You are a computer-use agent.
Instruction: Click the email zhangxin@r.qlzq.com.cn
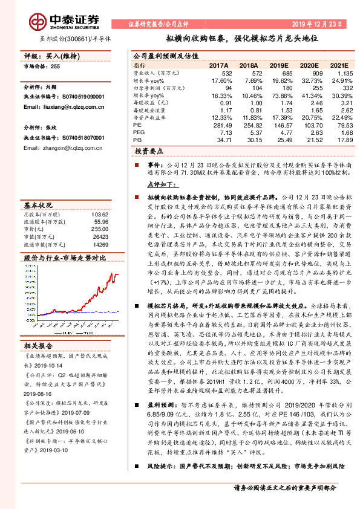click(x=65, y=148)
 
